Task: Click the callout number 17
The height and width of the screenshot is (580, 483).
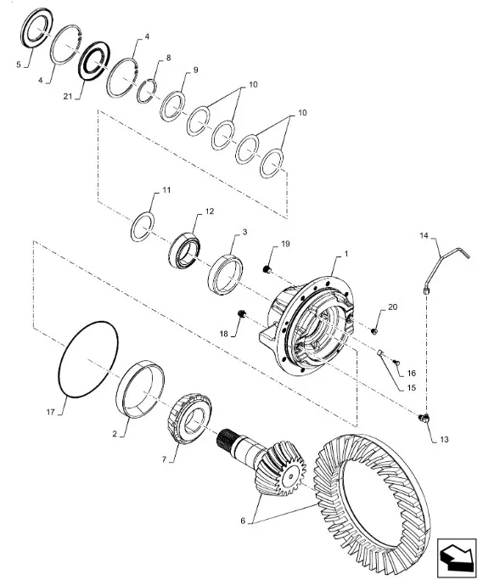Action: click(50, 412)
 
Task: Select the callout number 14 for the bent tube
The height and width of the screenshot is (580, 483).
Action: click(424, 235)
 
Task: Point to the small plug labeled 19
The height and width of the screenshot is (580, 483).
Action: click(266, 269)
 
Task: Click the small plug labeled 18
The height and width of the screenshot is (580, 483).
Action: click(241, 314)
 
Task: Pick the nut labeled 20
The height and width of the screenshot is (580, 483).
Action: click(373, 330)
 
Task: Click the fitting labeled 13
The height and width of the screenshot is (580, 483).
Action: click(424, 418)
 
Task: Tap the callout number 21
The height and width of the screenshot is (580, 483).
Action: click(68, 96)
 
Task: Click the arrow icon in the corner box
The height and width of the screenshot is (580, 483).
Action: click(457, 551)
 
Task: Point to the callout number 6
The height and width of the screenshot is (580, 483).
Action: click(243, 521)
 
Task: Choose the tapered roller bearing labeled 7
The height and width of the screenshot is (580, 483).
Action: click(189, 419)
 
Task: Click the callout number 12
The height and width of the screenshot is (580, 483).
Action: click(210, 211)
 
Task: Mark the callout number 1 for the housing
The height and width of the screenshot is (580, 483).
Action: click(346, 254)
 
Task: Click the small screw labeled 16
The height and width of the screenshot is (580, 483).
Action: click(396, 363)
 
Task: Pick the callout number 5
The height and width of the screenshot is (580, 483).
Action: click(19, 65)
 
